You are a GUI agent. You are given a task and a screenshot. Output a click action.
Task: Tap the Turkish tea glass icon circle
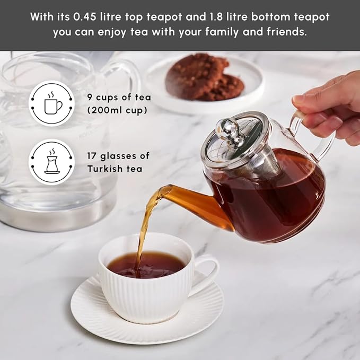click(51, 162)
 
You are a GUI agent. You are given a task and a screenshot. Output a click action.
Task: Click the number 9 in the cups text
click(89, 97)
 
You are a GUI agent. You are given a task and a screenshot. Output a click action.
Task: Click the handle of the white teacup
click(207, 273)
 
